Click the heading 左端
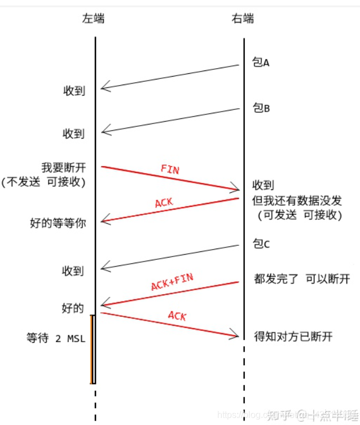pyautogui.click(x=94, y=19)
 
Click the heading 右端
pyautogui.click(x=243, y=19)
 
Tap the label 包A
pyautogui.click(x=261, y=63)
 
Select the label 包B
pyautogui.click(x=261, y=108)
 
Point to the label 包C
pyautogui.click(x=261, y=244)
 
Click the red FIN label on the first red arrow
pyautogui.click(x=170, y=170)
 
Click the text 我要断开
pyautogui.click(x=63, y=167)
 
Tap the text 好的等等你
pyautogui.click(x=58, y=223)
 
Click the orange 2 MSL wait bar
pyautogui.click(x=91, y=349)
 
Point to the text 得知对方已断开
pyautogui.click(x=293, y=337)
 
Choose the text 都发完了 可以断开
pyautogui.click(x=302, y=279)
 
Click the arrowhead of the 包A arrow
pyautogui.click(x=103, y=87)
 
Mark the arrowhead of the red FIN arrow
pyautogui.click(x=236, y=189)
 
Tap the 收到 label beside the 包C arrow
pyautogui.click(x=73, y=271)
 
